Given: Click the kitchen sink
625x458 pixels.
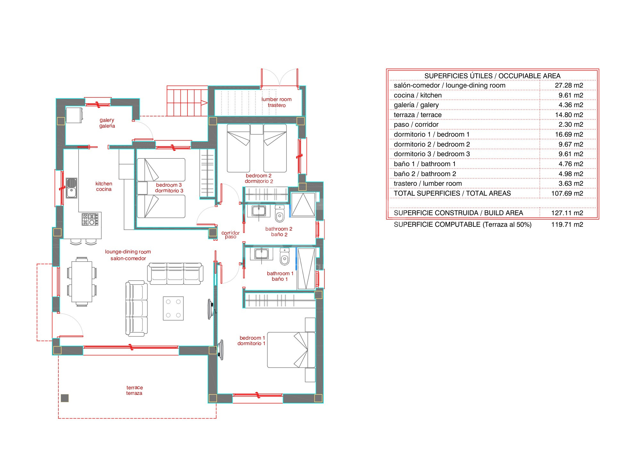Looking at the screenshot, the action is tap(71, 188).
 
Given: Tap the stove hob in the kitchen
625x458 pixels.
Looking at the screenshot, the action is tap(90, 219).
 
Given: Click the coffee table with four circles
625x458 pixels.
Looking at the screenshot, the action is tap(173, 308).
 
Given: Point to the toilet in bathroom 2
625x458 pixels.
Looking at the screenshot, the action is tap(280, 214).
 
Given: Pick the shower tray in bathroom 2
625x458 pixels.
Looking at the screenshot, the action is tap(303, 205).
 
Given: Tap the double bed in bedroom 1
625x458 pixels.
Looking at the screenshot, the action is tap(291, 350).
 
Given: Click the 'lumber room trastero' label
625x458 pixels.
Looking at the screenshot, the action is tap(276, 102).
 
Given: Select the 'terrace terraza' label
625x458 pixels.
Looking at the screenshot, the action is tap(134, 390).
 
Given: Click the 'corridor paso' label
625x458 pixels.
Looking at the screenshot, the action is tap(230, 235).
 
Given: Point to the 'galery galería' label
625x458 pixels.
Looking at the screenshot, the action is tap(107, 123).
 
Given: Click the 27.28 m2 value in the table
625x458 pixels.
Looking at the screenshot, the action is tap(569, 85).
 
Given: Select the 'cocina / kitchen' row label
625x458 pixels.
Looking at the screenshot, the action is tap(418, 95).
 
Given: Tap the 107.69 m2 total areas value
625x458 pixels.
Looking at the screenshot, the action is tap(567, 193).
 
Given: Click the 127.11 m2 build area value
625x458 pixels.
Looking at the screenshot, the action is tap(567, 213).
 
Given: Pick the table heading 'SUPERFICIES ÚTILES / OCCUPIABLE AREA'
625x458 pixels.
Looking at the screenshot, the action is tap(492, 76).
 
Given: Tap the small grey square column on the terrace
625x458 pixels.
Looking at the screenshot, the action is tap(65, 398).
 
